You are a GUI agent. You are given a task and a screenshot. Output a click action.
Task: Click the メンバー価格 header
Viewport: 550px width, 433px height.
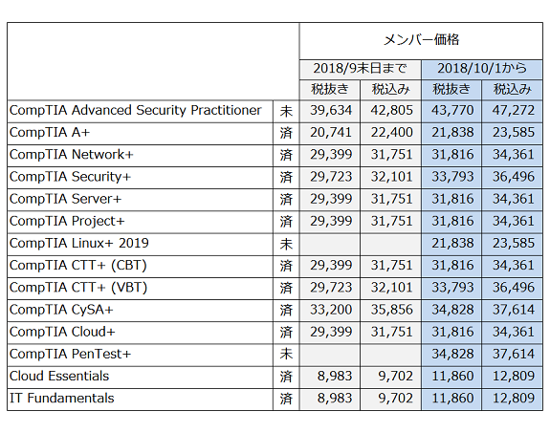[x=421, y=40]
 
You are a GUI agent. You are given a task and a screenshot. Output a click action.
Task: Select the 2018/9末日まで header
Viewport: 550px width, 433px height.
[x=360, y=68]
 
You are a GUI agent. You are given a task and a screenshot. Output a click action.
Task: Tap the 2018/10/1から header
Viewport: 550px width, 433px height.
[x=481, y=68]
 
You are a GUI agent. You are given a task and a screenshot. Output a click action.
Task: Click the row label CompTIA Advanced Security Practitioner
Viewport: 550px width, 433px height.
[x=136, y=111]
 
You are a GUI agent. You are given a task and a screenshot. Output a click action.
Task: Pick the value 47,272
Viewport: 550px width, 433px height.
[x=513, y=111]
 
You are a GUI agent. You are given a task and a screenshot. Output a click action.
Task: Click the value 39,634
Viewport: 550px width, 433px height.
[x=331, y=111]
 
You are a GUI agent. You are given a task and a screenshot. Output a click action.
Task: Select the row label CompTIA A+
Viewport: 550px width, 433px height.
[x=50, y=133]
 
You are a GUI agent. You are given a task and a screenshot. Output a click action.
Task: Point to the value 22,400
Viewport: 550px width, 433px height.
[x=392, y=133]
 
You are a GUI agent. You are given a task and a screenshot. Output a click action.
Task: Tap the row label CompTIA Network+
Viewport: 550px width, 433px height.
[x=71, y=155]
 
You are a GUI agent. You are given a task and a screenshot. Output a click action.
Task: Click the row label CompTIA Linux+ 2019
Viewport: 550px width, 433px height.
[x=79, y=244]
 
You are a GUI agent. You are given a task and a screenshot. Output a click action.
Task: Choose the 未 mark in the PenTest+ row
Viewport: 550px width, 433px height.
[x=286, y=354]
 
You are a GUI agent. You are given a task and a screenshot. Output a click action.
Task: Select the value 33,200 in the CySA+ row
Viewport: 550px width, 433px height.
[x=331, y=310]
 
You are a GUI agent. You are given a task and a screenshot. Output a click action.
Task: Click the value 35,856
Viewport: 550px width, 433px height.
[x=392, y=310]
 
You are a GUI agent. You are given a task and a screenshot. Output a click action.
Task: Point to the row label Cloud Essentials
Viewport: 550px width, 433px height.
[x=59, y=377]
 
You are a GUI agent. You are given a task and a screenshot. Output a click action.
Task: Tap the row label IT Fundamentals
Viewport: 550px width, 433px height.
[x=62, y=399]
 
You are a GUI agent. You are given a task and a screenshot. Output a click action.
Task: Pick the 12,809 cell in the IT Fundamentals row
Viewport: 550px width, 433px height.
[x=513, y=399]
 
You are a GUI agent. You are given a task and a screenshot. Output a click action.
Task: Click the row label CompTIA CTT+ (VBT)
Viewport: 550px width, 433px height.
[x=78, y=288]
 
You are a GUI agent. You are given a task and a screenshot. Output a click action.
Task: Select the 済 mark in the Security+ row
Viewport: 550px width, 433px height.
[x=286, y=177]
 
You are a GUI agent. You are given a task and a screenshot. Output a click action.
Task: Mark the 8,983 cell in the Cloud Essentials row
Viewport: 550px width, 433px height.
[x=335, y=377]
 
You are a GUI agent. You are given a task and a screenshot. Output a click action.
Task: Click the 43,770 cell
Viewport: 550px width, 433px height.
[x=452, y=111]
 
